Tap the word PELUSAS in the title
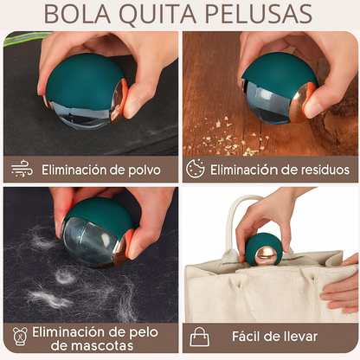[x=260, y=15]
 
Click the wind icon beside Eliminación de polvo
[x=22, y=169]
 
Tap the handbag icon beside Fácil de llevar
[x=200, y=337]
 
